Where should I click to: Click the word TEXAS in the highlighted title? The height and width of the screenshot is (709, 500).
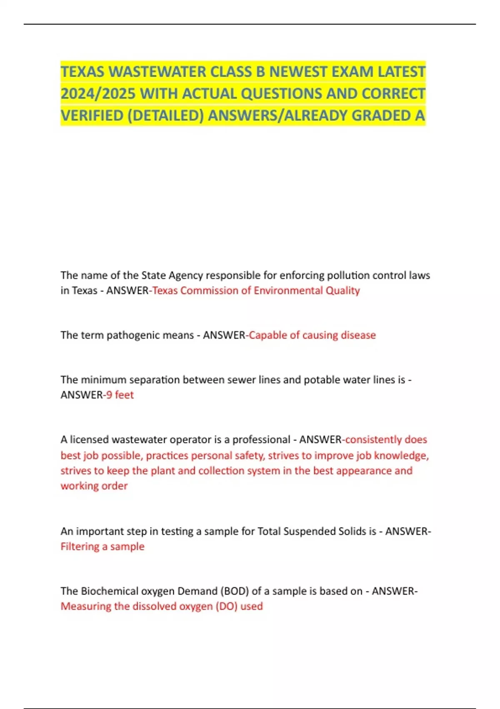82,72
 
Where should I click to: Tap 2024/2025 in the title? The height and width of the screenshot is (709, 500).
98,93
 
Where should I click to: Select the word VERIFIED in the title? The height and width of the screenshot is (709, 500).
92,116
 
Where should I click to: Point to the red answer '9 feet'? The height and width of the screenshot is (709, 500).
120,395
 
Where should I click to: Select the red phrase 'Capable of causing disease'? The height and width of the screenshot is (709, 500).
312,335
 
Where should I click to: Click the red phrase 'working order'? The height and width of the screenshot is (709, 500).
94,486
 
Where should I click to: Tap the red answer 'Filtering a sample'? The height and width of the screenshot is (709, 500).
102,546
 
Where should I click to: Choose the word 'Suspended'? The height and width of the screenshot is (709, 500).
304,531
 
